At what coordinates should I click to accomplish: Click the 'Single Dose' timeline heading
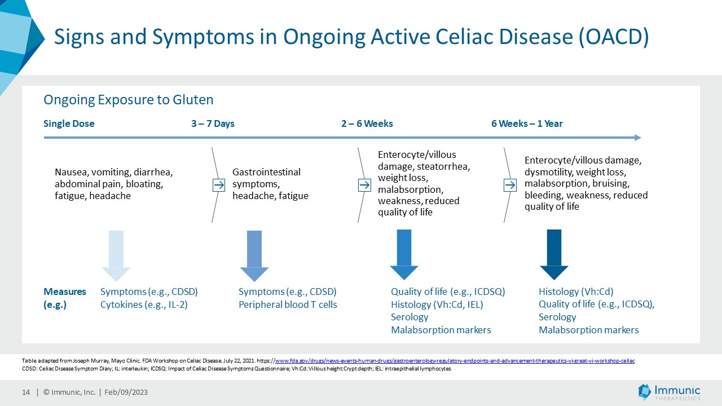[x=69, y=124]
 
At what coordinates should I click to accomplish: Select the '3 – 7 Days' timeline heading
[x=213, y=124]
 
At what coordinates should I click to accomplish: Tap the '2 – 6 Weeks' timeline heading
[x=367, y=124]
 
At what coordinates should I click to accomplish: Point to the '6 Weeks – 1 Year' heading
[x=527, y=124]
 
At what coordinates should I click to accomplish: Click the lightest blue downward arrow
[x=116, y=254]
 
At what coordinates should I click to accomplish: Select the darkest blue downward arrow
[x=554, y=254]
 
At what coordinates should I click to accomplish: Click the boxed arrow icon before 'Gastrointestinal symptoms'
[x=218, y=185]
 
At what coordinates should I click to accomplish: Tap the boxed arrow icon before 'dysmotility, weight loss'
[x=510, y=185]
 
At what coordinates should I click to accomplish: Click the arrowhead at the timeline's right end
[x=637, y=138]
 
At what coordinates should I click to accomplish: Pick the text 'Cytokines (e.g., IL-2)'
[x=144, y=305]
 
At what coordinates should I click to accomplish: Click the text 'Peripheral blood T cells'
[x=288, y=305]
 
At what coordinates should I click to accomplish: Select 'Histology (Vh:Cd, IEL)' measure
[x=437, y=305]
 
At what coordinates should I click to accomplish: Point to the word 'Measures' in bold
[x=65, y=292]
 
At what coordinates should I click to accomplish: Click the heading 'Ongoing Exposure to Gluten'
[x=129, y=100]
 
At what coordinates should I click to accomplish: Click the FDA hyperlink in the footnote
[x=454, y=360]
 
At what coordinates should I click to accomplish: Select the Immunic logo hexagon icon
[x=644, y=392]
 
